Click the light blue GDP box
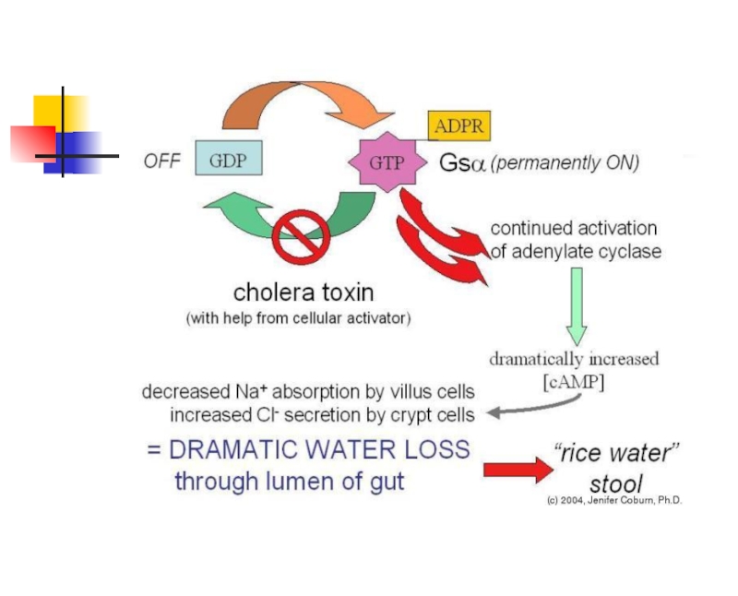[x=229, y=158]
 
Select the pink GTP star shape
[x=387, y=162]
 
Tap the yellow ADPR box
[x=458, y=125]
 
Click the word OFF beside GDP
[x=162, y=161]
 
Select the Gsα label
[x=462, y=163]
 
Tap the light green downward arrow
[x=577, y=306]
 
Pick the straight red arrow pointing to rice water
[x=518, y=470]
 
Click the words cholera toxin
[x=304, y=292]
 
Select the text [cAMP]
[x=573, y=382]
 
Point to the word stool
[x=615, y=484]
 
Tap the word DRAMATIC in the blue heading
[x=235, y=449]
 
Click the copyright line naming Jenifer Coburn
[x=614, y=500]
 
